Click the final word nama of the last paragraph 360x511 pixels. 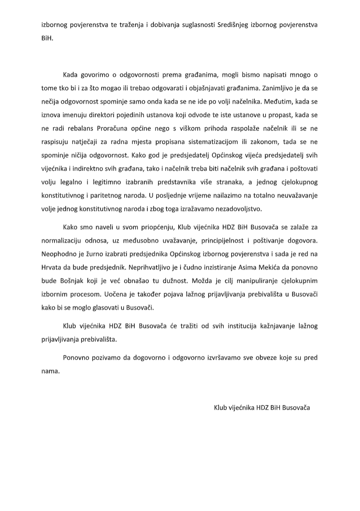50,370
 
